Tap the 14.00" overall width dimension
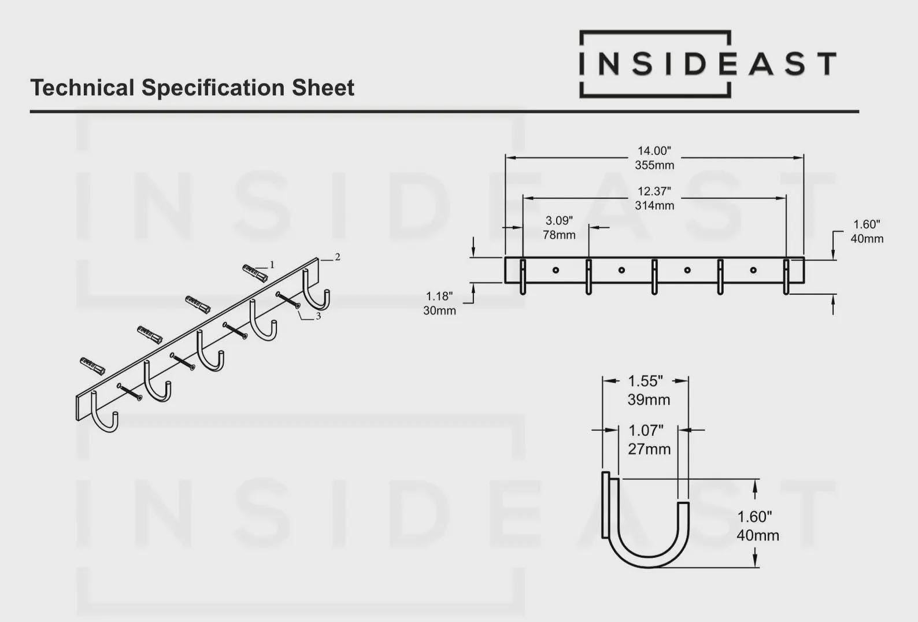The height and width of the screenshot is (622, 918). coord(654,151)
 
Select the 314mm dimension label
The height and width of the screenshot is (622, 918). coord(654,205)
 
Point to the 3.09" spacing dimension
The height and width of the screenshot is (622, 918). coord(559,220)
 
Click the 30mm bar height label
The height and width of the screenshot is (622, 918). coord(439,310)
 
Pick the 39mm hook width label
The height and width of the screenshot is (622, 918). coord(649,399)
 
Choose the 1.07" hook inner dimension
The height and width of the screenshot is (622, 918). coord(646,431)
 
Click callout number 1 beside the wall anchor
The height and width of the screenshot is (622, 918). coord(272,265)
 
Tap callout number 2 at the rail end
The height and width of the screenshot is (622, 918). coord(338,257)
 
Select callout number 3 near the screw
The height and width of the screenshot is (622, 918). coord(318,316)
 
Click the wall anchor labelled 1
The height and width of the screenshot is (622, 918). coord(254,272)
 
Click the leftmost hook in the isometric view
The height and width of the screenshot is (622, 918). coord(105,412)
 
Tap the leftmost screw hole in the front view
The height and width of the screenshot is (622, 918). coord(556,270)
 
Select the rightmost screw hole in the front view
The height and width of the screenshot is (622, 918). coord(753,270)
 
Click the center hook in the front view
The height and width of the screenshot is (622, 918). coord(654,277)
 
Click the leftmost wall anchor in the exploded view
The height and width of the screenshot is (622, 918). coord(92,366)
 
